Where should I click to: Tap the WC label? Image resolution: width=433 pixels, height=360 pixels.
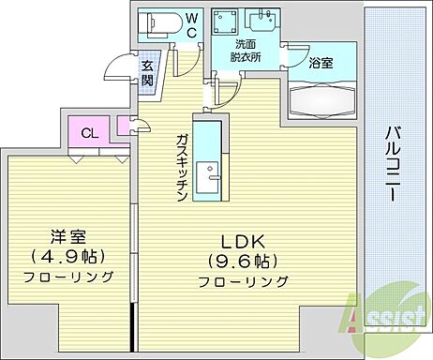pos(190,24)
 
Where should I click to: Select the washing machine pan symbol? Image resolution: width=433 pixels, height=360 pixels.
pos(226,22)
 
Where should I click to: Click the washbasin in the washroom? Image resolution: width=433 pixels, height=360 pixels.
pos(259,20)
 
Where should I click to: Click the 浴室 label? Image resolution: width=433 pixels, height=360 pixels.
pos(321,64)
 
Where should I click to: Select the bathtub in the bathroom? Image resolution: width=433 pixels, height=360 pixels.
pos(321,99)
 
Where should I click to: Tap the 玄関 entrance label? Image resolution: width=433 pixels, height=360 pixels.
pos(148,73)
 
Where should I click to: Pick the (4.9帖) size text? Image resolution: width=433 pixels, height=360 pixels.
pos(68,256)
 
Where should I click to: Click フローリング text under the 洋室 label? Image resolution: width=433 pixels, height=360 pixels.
pos(69,277)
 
